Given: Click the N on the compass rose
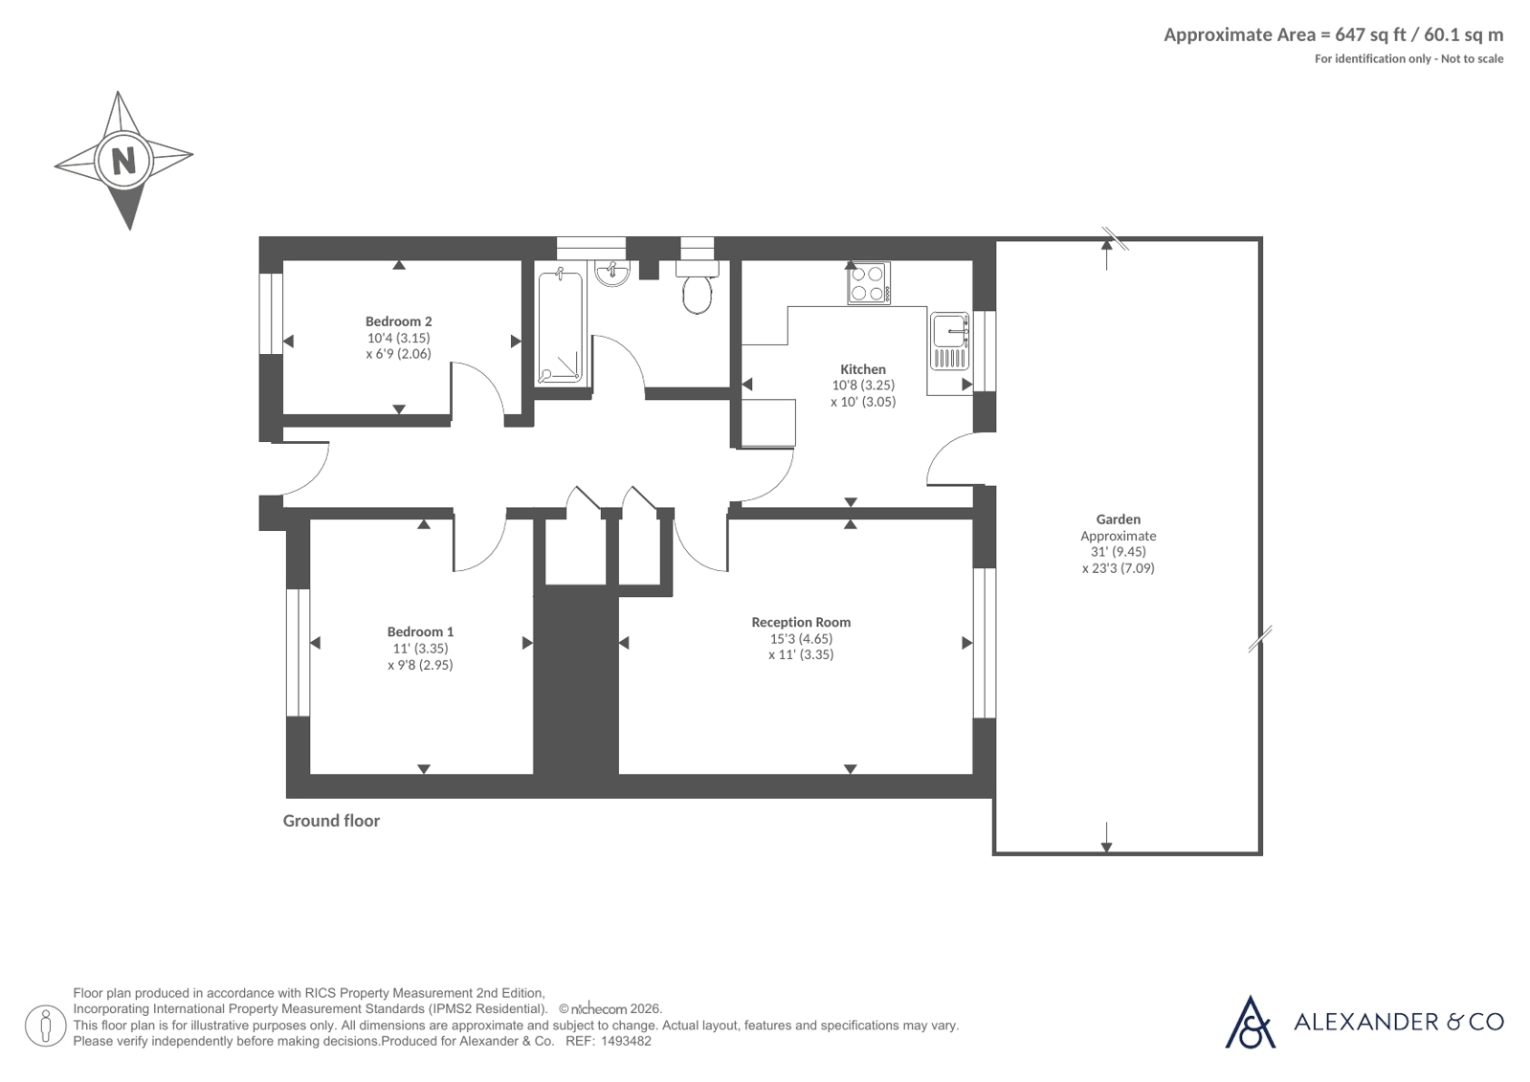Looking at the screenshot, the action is pyautogui.click(x=123, y=162).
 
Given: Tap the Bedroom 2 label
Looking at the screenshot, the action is pyautogui.click(x=398, y=321).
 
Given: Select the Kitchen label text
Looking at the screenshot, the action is pyautogui.click(x=863, y=369).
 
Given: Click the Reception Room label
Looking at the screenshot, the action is pyautogui.click(x=801, y=622).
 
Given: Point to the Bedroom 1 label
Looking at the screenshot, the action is pyautogui.click(x=420, y=631).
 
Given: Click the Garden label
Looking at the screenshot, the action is pyautogui.click(x=1119, y=519).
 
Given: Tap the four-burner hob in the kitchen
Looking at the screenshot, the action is pyautogui.click(x=869, y=283).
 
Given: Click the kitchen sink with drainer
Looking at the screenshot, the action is pyautogui.click(x=949, y=341).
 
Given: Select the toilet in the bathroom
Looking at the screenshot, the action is pyautogui.click(x=697, y=287).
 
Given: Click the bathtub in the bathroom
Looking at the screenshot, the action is pyautogui.click(x=561, y=327).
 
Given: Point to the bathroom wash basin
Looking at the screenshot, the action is pyautogui.click(x=612, y=274).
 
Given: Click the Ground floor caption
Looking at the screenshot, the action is pyautogui.click(x=331, y=821).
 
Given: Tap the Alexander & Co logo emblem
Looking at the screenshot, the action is pyautogui.click(x=1250, y=1022).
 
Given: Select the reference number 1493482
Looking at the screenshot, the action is pyautogui.click(x=626, y=1042).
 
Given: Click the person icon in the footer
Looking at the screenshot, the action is pyautogui.click(x=46, y=1026).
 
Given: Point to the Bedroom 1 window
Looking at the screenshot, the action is pyautogui.click(x=298, y=652).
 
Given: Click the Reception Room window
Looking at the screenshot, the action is pyautogui.click(x=985, y=643).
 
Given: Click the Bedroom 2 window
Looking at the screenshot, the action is pyautogui.click(x=271, y=314).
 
